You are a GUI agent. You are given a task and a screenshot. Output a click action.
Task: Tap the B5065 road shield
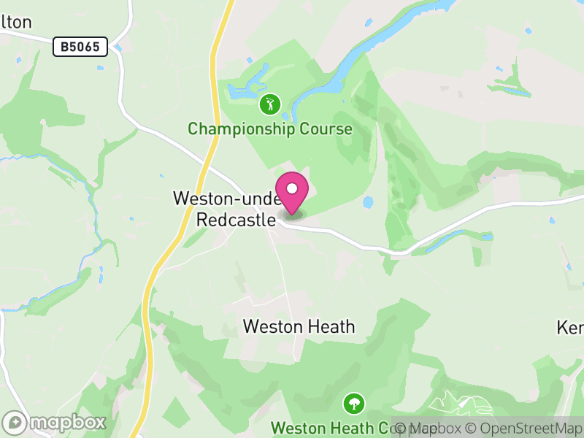click(80, 47)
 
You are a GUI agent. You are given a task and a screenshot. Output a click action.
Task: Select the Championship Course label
click(270, 129)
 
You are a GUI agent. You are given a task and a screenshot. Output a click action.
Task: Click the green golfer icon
click(270, 104)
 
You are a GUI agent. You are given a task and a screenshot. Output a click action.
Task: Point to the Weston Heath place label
click(299, 326)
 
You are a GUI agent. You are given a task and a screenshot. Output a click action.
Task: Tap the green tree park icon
click(354, 402)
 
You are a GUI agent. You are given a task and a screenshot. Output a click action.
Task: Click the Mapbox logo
click(55, 422)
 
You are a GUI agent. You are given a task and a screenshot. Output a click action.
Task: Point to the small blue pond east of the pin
click(368, 201)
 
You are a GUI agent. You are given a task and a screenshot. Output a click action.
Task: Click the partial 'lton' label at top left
click(16, 22)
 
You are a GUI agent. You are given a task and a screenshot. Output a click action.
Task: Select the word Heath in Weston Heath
click(329, 326)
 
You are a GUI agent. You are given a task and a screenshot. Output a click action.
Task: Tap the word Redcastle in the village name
click(236, 218)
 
